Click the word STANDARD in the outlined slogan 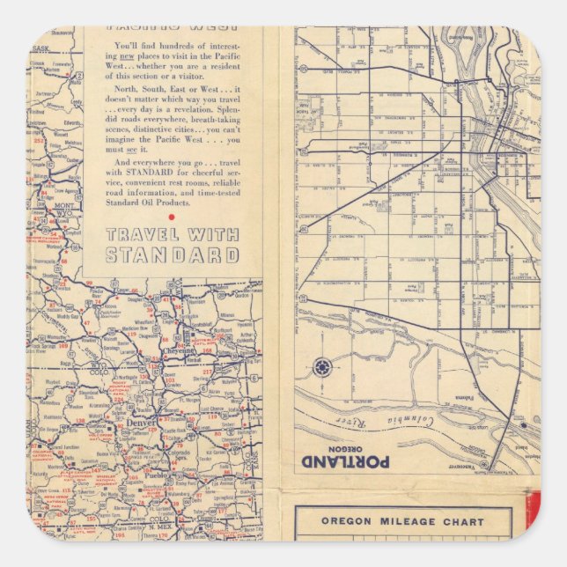[x=173, y=255]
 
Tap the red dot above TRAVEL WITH [x=172, y=217]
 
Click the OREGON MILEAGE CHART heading [x=401, y=521]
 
